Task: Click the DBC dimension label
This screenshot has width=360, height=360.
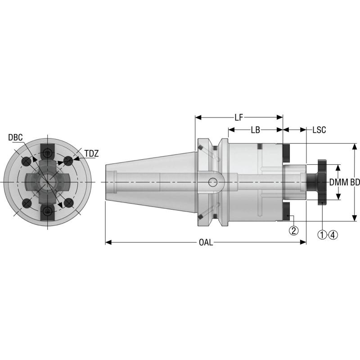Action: (x=15, y=137)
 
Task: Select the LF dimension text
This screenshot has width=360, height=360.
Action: (x=238, y=117)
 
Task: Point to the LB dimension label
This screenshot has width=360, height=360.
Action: (x=255, y=130)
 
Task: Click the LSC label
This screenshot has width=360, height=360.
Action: (x=319, y=130)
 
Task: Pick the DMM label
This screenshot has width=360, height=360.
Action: (x=339, y=182)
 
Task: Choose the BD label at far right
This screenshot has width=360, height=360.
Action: (x=355, y=182)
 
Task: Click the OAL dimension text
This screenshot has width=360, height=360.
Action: (x=206, y=243)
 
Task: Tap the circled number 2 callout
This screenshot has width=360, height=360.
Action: (x=293, y=231)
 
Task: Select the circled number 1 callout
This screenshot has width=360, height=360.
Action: (x=322, y=234)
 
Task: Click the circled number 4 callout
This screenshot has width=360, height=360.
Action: (x=333, y=234)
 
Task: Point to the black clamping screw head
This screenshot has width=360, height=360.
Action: (x=321, y=182)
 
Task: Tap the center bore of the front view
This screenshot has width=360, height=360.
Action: (x=48, y=181)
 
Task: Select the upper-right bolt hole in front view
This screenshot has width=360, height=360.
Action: (x=68, y=160)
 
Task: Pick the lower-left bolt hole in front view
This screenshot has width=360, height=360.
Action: (x=27, y=203)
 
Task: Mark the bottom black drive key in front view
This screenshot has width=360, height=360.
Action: (x=48, y=212)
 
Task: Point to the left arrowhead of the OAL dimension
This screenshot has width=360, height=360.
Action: (x=107, y=243)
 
